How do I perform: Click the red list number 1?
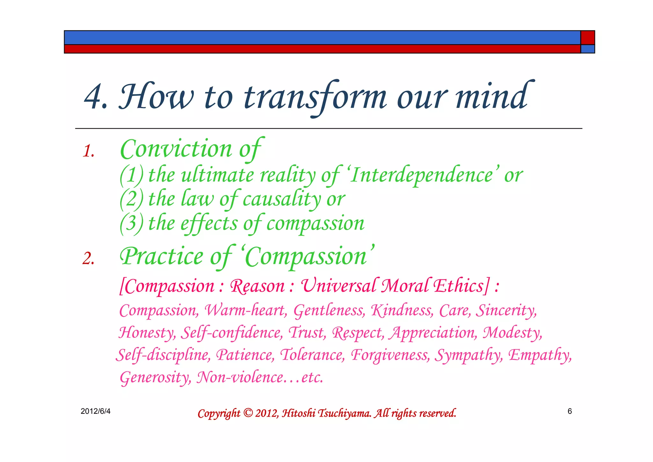coord(88,151)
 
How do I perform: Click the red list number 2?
coord(88,258)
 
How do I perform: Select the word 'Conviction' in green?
coord(176,149)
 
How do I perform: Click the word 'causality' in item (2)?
coord(282,199)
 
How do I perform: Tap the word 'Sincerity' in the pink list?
coord(506,310)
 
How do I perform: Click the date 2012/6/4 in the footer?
coord(95,411)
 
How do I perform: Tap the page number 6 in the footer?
coord(569,411)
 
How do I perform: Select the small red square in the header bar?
coord(587,38)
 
